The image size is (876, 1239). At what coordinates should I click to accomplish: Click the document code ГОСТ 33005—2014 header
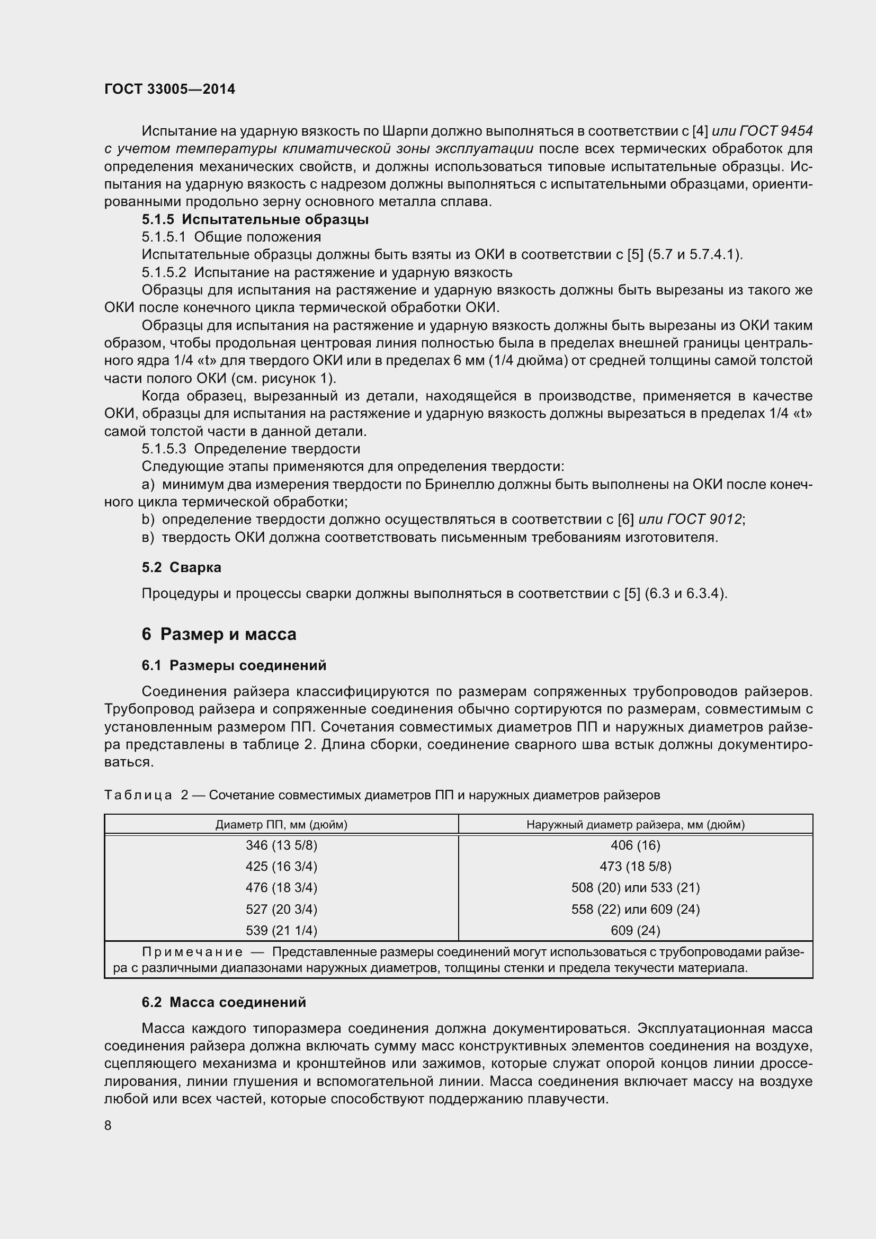tap(169, 89)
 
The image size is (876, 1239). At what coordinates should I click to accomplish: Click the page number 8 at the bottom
tap(108, 1125)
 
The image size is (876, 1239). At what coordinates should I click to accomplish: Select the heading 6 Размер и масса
tap(219, 634)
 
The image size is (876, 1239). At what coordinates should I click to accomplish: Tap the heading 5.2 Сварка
tap(181, 567)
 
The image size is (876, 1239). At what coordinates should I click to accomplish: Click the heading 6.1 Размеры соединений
tap(234, 665)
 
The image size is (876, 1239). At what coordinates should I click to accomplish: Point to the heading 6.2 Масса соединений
tap(224, 1002)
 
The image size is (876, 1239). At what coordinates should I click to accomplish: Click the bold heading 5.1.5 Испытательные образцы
tap(255, 220)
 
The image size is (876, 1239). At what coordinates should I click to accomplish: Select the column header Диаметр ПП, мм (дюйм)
tap(281, 825)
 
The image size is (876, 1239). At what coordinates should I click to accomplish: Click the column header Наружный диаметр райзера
tap(636, 825)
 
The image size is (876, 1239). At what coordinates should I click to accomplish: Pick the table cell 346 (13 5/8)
tap(281, 845)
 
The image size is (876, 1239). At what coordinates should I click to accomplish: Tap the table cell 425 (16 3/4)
tap(281, 866)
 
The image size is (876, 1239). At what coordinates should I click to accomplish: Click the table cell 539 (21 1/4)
tap(281, 930)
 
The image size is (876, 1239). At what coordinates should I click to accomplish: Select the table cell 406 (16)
tap(636, 845)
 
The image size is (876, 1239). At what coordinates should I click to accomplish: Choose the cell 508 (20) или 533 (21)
tap(636, 888)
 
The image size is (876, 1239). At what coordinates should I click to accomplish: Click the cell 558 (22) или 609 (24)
tap(636, 910)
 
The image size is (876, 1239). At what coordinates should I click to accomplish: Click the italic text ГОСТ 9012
tap(704, 519)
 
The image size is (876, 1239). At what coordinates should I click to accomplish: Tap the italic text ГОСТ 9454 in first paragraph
tap(776, 131)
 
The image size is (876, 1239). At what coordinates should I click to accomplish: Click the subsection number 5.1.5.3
tap(164, 449)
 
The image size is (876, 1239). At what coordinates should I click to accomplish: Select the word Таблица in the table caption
tap(138, 795)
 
